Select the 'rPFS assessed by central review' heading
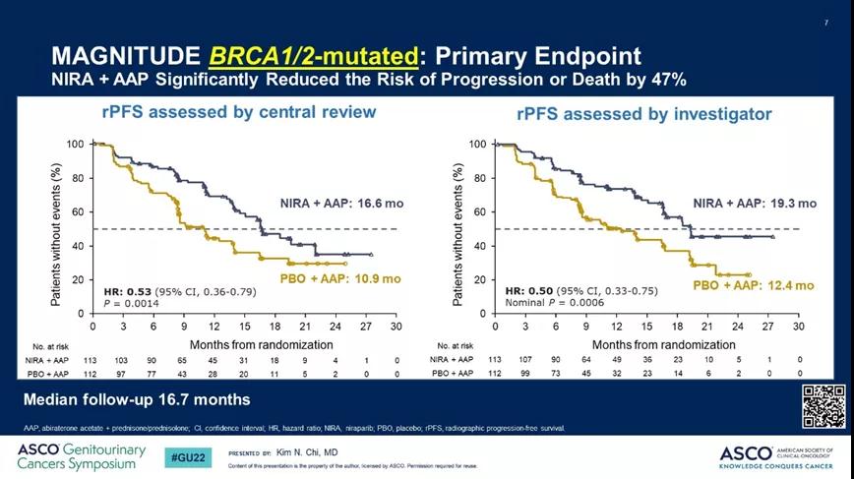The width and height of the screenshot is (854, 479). point(239,111)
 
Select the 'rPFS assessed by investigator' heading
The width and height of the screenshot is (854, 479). point(644,114)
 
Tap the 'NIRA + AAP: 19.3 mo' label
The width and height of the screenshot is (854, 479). point(755,204)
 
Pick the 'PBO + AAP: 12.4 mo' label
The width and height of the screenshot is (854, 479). point(754,285)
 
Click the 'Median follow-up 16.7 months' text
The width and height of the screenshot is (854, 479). point(137,399)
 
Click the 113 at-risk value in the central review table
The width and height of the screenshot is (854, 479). point(93,360)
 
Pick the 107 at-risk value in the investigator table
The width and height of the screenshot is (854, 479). point(526,360)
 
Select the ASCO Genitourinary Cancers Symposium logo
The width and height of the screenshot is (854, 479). point(81,456)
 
